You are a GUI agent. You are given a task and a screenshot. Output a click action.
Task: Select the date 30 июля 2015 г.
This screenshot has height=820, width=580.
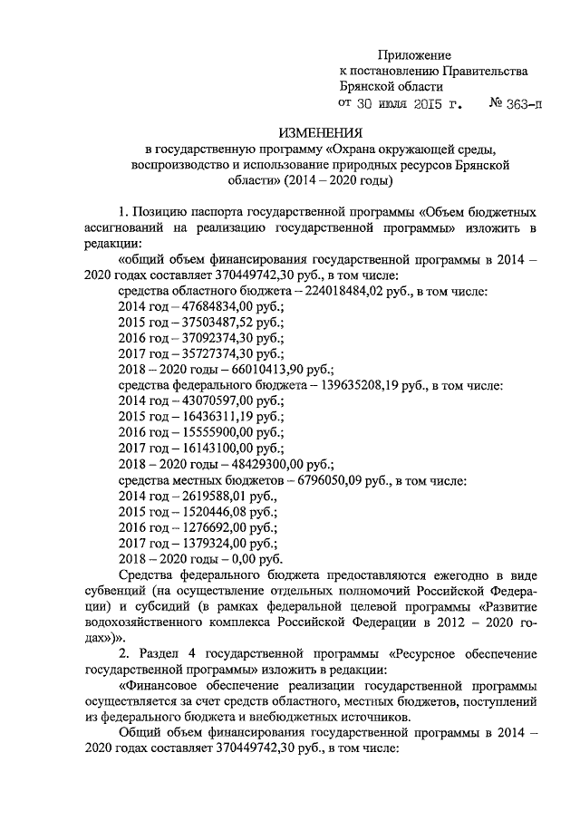coord(411,103)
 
